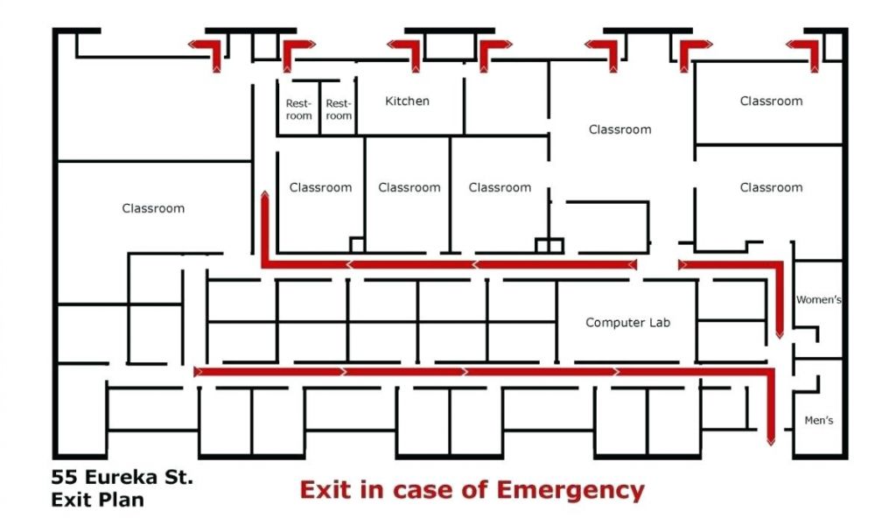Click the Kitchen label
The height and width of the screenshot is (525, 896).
[x=407, y=101]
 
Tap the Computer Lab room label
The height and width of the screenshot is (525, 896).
[x=627, y=323]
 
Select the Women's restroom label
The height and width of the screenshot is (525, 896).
[x=818, y=300]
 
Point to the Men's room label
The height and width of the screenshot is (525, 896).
[x=819, y=421]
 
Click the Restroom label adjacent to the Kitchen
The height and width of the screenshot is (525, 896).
[x=339, y=109]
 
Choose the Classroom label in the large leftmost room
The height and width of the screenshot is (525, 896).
[x=153, y=208]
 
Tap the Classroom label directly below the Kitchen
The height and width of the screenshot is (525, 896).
[x=409, y=187]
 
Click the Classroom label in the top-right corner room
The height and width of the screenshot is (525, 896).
[x=771, y=101]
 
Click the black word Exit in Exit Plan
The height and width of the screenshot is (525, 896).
[x=69, y=500]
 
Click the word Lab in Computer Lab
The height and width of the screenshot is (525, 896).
[x=658, y=323]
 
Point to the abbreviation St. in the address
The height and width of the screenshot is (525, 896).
[x=178, y=479]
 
